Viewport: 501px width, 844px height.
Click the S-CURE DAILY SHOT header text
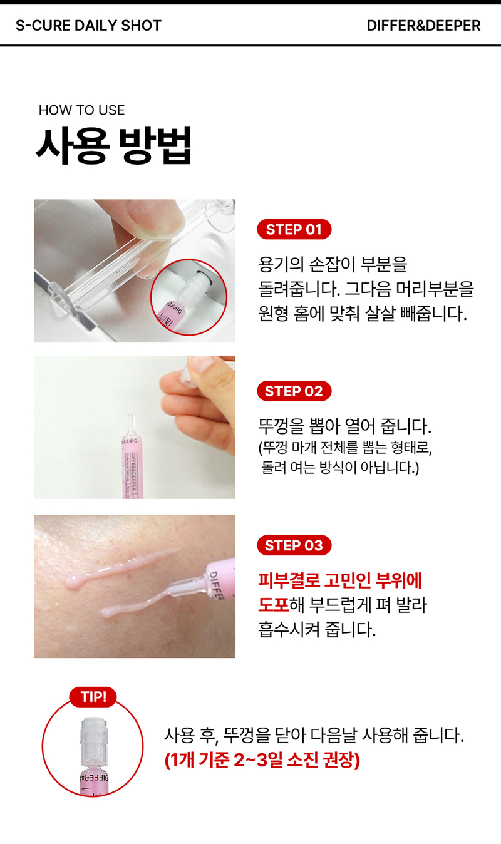(88, 26)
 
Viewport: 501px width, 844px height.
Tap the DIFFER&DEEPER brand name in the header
(423, 26)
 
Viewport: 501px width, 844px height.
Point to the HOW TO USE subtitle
(81, 110)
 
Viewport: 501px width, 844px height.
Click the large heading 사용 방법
(114, 146)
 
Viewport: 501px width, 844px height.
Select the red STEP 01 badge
(294, 229)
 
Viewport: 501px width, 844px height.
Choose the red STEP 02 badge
(294, 391)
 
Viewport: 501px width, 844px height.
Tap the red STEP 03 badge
(294, 545)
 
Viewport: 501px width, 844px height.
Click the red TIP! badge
(93, 697)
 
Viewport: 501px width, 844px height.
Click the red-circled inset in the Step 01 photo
(189, 297)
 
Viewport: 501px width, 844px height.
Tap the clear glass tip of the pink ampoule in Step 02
(131, 425)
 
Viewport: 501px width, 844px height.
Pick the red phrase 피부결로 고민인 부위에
(340, 580)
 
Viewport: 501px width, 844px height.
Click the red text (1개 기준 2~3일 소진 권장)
(262, 760)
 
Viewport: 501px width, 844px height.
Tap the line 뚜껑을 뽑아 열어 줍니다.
(344, 426)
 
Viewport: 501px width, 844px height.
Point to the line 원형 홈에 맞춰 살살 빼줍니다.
(362, 313)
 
